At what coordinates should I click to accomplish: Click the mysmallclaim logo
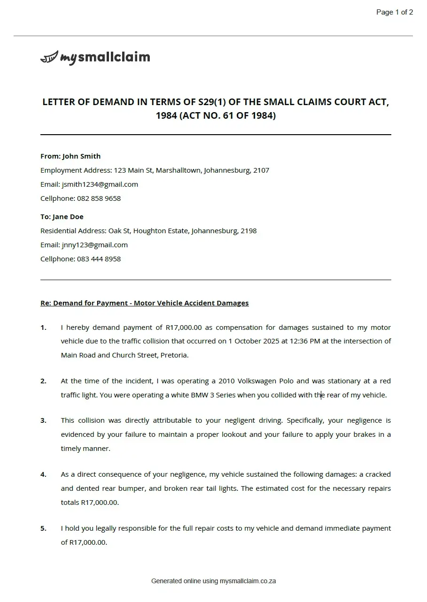pyautogui.click(x=95, y=58)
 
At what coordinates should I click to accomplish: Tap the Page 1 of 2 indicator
pyautogui.click(x=394, y=12)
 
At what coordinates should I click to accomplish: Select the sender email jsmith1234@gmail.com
pyautogui.click(x=100, y=184)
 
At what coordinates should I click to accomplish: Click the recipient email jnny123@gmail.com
pyautogui.click(x=94, y=245)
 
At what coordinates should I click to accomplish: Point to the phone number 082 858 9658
pyautogui.click(x=99, y=198)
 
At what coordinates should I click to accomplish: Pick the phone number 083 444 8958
pyautogui.click(x=99, y=259)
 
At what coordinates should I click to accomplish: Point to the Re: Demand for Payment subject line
pyautogui.click(x=144, y=303)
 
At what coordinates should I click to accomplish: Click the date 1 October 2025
pyautogui.click(x=254, y=341)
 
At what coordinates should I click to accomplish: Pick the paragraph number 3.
pyautogui.click(x=43, y=420)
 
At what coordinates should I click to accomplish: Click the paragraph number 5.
pyautogui.click(x=43, y=528)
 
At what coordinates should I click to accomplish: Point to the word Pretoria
pyautogui.click(x=174, y=355)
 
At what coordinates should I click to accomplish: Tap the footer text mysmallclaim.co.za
pyautogui.click(x=248, y=581)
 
